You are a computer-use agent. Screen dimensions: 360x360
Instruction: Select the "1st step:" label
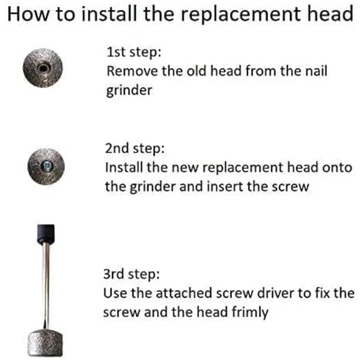pyautogui.click(x=134, y=52)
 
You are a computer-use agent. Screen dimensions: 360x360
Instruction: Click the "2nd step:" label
pyautogui.click(x=135, y=149)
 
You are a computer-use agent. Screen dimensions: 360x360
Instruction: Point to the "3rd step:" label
pyautogui.click(x=131, y=274)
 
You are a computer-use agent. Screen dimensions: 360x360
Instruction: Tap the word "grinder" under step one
pyautogui.click(x=129, y=91)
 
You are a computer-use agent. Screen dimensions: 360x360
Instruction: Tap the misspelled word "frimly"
pyautogui.click(x=250, y=312)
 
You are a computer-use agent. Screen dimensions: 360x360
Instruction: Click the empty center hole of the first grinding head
pyautogui.click(x=43, y=68)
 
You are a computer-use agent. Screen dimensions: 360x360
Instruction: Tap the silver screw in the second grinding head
pyautogui.click(x=47, y=166)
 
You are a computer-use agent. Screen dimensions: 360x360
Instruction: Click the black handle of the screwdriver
pyautogui.click(x=46, y=234)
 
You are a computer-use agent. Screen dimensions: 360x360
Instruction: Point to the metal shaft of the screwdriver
pyautogui.click(x=46, y=286)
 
